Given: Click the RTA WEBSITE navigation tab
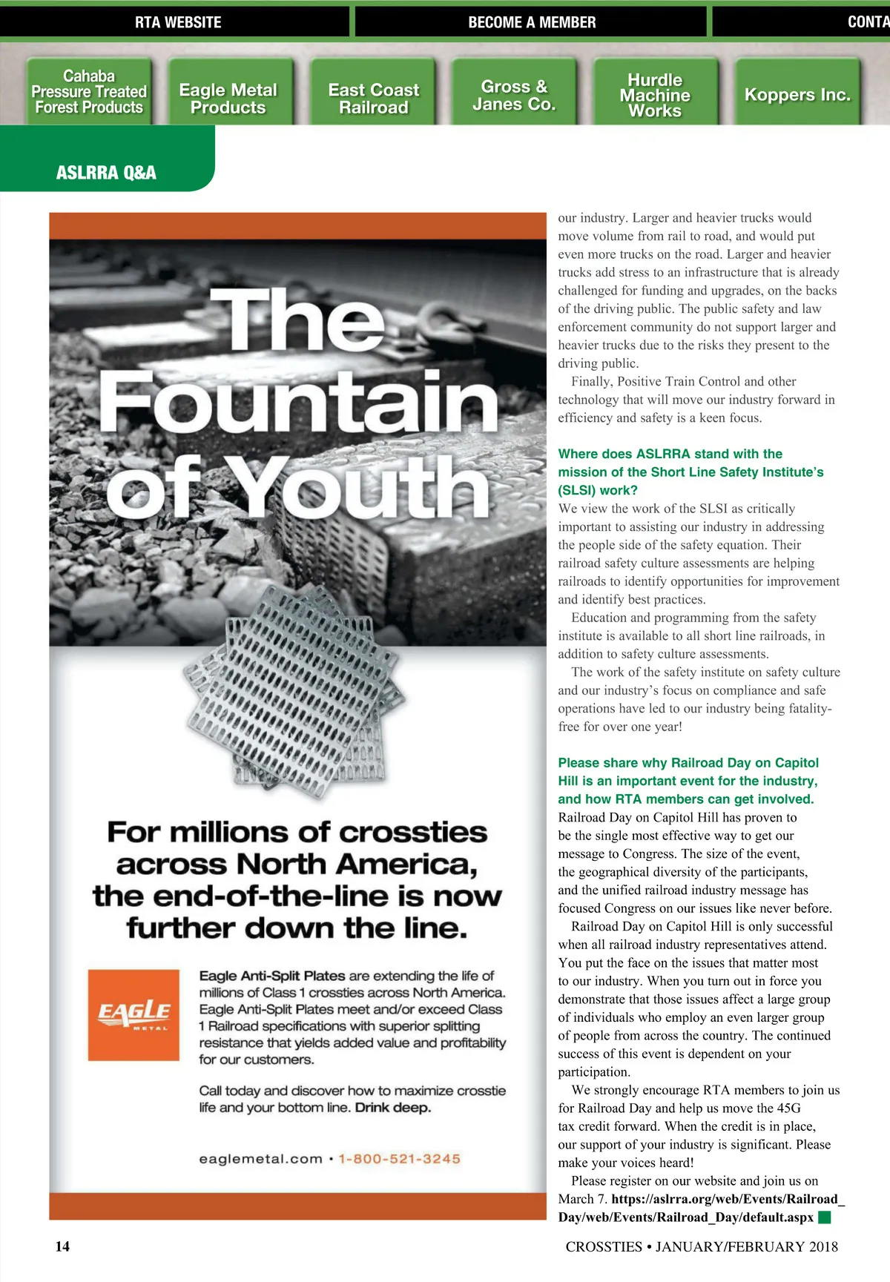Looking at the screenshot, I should point(178,22).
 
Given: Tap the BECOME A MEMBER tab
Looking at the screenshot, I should point(532,22).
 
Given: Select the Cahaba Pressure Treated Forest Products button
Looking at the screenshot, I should point(89,92).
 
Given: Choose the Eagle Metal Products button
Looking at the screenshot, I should point(228,99).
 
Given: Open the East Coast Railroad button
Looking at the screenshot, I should point(374,99).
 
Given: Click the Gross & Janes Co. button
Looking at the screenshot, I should point(514,96).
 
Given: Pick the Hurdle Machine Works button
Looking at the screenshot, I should point(655,95).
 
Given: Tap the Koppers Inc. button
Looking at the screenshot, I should point(797,95).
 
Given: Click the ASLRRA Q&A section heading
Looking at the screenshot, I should point(106,173).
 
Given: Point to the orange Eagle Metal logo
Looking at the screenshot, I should point(133,1014).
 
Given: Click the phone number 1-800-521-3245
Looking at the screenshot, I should point(400,1159).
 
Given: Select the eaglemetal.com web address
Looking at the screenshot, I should point(260,1159).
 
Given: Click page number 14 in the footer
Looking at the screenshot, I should point(62,1246).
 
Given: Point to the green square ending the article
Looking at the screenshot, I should point(824,1217).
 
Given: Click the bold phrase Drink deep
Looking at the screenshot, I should point(393,1108).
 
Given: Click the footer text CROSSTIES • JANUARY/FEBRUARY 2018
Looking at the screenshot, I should point(702,1246).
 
